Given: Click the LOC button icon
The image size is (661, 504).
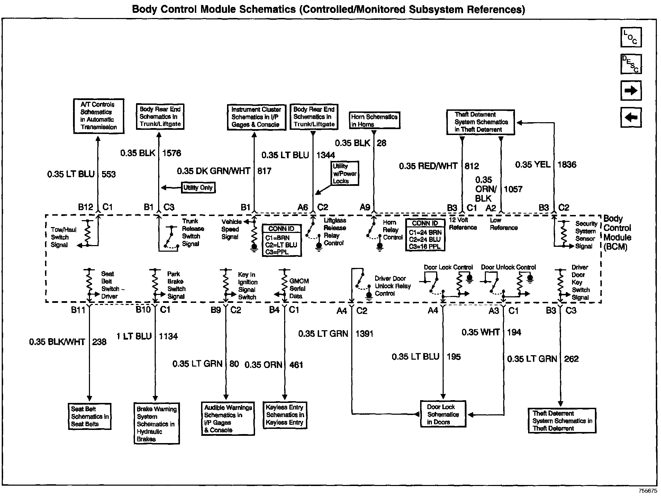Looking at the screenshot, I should (x=631, y=37).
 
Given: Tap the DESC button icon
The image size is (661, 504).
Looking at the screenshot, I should (x=631, y=64).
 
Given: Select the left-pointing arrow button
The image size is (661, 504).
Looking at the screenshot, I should (x=631, y=118).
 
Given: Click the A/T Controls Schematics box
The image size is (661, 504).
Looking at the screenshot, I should (x=99, y=116).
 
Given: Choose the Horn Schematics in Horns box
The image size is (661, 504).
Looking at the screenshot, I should (x=374, y=120).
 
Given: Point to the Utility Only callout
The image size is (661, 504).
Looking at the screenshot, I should (x=198, y=188).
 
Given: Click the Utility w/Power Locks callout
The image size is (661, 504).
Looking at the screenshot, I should (x=344, y=173).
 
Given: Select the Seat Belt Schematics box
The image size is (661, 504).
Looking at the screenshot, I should (x=90, y=416).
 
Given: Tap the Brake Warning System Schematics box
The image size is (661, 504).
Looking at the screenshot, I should (x=156, y=423).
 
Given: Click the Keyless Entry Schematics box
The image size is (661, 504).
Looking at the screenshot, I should (x=285, y=415).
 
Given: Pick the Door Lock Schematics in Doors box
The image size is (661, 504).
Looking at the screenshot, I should (x=443, y=414).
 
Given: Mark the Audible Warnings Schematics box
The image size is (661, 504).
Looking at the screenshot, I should (x=228, y=418).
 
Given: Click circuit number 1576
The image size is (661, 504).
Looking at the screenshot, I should (x=171, y=153).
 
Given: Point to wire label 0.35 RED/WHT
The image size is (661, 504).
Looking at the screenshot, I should (x=428, y=166).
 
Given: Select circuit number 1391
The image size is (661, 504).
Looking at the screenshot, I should (x=364, y=334).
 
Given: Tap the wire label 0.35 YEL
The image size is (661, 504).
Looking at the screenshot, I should (x=533, y=165).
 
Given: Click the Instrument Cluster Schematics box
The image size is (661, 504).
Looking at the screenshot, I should (x=256, y=117).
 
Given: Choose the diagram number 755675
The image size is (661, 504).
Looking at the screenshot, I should (x=648, y=491).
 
